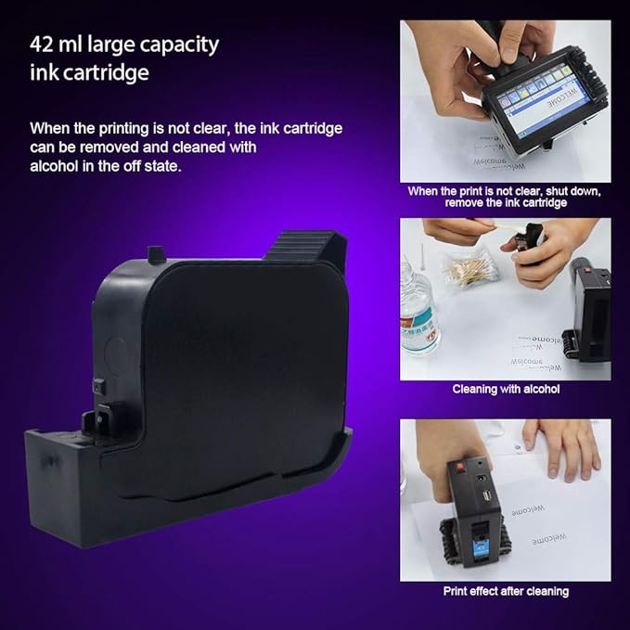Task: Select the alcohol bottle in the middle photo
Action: click(x=418, y=321)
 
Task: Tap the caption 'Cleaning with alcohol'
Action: click(x=506, y=389)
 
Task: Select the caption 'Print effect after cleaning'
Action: click(x=506, y=591)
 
